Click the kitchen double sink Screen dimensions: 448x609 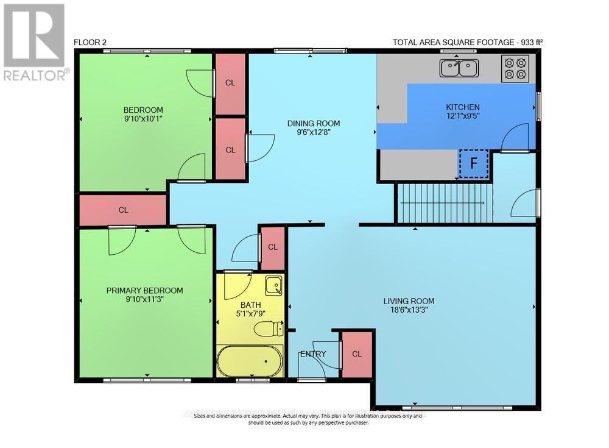(460, 68)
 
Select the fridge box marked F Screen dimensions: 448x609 (473, 163)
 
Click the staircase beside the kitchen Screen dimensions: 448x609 (443, 204)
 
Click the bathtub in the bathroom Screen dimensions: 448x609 (250, 361)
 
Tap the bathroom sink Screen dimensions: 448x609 (273, 285)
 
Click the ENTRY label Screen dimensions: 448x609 (312, 354)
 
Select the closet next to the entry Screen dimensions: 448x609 (356, 354)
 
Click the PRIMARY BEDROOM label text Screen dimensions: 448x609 (144, 291)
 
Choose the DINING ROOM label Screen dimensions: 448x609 (314, 124)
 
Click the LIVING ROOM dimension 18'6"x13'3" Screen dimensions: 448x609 (409, 310)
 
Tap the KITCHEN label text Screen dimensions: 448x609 (463, 107)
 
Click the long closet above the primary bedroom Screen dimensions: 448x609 (123, 210)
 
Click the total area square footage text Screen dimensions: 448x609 (468, 42)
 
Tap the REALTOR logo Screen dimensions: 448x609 (34, 43)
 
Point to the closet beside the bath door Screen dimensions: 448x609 (273, 247)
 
